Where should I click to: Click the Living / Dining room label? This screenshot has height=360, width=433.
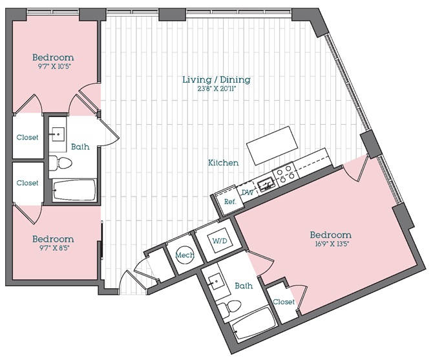[x=216, y=79]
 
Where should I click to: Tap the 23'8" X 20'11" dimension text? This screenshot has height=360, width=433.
[x=216, y=89]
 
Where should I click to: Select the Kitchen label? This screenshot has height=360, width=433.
[x=223, y=163]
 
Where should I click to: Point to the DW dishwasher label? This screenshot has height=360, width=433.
[x=246, y=192]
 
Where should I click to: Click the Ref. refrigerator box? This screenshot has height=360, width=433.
[x=229, y=201]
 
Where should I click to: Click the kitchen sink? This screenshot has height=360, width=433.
[x=266, y=186]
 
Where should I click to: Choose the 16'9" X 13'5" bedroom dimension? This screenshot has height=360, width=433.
[x=330, y=244]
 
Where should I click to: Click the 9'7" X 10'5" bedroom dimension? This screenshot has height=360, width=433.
[x=53, y=67]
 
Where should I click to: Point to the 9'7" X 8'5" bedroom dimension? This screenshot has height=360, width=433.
[x=53, y=248]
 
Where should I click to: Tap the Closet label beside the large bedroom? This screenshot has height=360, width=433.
[x=284, y=302]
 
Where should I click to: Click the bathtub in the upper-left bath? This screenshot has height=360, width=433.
[x=74, y=190]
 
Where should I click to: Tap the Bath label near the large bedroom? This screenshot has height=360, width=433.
[x=244, y=285]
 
